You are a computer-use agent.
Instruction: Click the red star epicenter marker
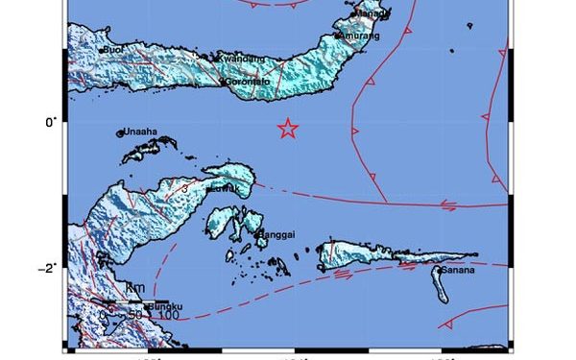(x=286, y=129)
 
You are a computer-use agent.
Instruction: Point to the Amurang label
(x=359, y=36)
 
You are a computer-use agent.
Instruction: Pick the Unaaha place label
(x=139, y=133)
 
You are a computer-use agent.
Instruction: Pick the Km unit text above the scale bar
(x=134, y=288)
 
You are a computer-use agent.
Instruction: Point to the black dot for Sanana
(x=439, y=271)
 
